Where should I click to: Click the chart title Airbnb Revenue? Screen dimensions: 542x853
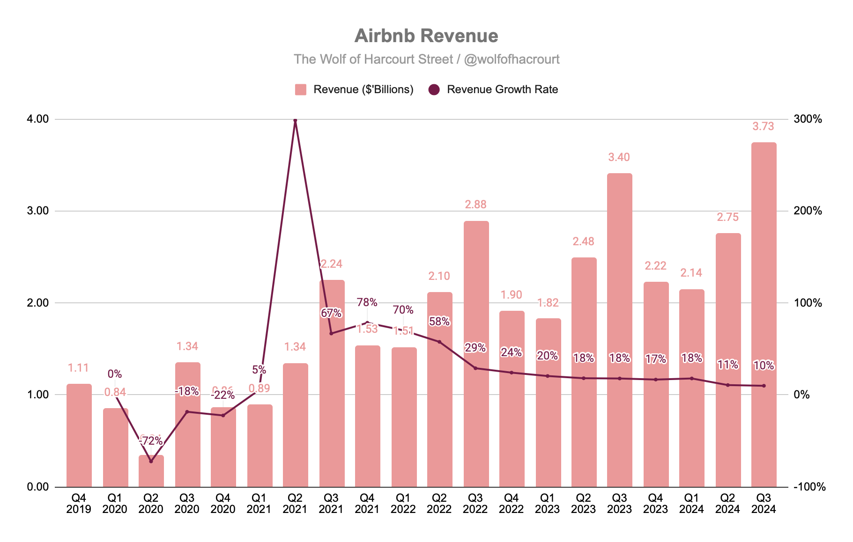[426, 36]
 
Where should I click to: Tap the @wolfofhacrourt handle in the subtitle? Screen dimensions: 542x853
[512, 59]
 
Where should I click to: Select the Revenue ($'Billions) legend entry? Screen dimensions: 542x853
[355, 89]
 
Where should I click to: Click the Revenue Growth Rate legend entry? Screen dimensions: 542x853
[494, 89]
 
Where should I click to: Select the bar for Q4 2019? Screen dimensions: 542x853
[79, 435]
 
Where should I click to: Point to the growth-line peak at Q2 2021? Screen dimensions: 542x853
[295, 121]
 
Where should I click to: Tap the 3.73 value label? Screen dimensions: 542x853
[763, 126]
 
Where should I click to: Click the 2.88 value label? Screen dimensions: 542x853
[475, 205]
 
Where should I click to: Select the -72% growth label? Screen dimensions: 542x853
[151, 441]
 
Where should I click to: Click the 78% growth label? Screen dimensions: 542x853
[367, 302]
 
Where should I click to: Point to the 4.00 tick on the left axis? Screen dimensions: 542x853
[38, 119]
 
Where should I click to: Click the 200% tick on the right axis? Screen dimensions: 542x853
[808, 211]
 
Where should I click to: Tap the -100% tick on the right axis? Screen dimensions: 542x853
[809, 487]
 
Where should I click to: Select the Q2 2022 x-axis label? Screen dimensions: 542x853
[439, 504]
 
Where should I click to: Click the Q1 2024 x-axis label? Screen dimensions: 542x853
[691, 504]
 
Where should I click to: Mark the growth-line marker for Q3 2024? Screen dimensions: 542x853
[764, 386]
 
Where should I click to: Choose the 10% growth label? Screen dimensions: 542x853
[764, 366]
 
